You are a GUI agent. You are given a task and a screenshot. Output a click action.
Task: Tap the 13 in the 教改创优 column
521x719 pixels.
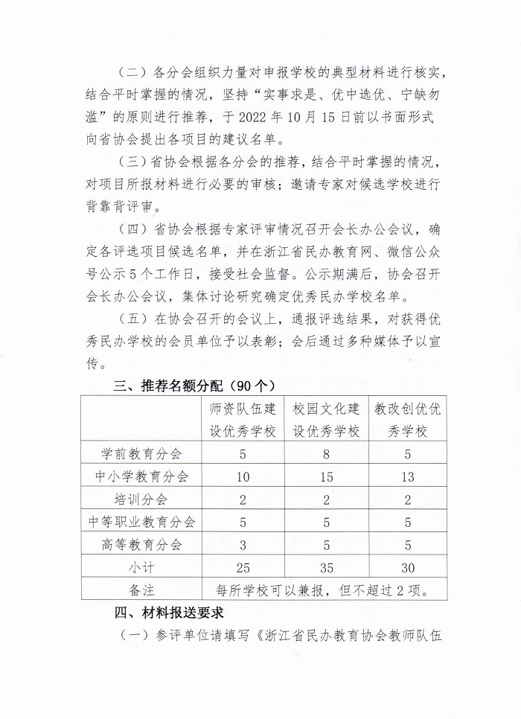407,476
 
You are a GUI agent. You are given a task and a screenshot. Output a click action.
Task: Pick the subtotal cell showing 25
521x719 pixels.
243,568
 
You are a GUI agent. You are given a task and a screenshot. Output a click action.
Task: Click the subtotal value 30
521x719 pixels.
407,568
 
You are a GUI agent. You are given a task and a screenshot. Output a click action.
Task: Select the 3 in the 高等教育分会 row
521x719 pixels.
243,545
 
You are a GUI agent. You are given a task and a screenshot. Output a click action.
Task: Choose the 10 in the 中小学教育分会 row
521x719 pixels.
243,476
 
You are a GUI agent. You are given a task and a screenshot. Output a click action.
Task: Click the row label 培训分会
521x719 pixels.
141,499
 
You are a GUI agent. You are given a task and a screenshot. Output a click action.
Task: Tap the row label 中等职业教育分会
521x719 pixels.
141,523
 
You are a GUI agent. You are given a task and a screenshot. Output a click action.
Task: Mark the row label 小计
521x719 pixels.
141,568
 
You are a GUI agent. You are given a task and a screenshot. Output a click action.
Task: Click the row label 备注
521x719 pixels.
141,591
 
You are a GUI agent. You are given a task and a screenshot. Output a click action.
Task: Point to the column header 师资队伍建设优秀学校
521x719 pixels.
243,420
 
